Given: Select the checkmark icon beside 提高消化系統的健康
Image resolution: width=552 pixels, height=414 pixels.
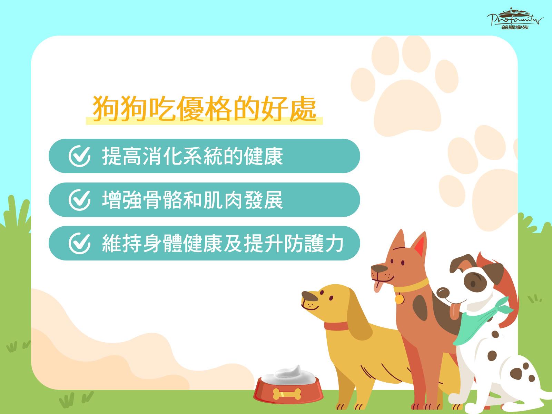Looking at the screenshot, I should [x=79, y=156].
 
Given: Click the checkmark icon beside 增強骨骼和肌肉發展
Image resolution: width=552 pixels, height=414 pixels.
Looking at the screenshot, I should [x=79, y=200].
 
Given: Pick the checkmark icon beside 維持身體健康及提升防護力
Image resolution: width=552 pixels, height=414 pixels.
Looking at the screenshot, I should [x=79, y=243].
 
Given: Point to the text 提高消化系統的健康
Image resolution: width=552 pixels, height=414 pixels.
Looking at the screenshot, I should [x=193, y=156].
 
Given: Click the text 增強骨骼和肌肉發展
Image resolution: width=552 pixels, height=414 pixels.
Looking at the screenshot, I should [x=193, y=200].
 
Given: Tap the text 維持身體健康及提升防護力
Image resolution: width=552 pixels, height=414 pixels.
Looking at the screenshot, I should [x=223, y=243].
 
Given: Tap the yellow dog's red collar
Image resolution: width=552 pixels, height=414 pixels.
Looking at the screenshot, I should [x=336, y=326].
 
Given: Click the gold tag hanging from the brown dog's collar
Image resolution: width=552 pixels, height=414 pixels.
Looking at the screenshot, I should [x=399, y=299].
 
